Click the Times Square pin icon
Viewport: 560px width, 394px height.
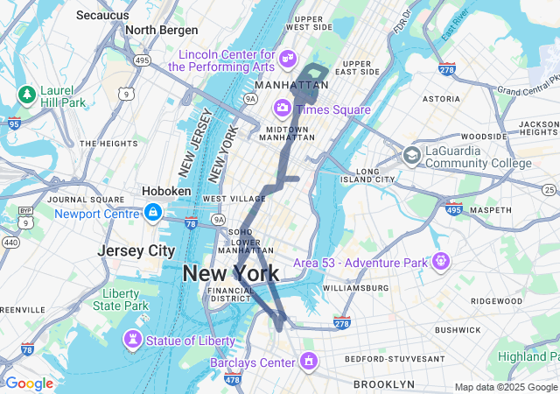tap(283, 109)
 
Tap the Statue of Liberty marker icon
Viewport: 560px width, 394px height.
tap(132, 338)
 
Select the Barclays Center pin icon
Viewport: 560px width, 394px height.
tap(308, 361)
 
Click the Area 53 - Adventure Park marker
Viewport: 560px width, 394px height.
tap(441, 261)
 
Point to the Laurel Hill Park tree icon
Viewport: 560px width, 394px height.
tap(27, 94)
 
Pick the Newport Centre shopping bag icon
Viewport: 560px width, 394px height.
tap(153, 213)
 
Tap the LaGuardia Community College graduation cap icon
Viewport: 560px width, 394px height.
tap(411, 156)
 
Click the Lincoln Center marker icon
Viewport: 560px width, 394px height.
tap(287, 59)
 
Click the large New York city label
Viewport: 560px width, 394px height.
tap(231, 274)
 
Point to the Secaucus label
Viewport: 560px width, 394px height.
tap(103, 15)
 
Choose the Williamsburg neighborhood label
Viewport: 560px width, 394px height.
tap(355, 287)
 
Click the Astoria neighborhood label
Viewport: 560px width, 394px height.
tap(441, 100)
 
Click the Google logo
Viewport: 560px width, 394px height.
tap(29, 383)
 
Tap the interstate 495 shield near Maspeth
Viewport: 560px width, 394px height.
tap(453, 209)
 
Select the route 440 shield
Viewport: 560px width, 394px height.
tap(11, 241)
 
